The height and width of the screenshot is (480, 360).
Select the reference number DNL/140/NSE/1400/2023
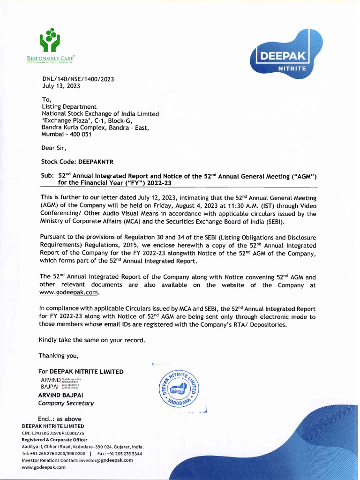pos(78,79)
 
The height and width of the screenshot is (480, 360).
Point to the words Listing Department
pos(69,107)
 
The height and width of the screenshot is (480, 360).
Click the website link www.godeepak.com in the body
pos(69,292)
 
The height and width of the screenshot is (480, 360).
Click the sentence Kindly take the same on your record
pos(92,339)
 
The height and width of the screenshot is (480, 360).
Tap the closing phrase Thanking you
pos(59,354)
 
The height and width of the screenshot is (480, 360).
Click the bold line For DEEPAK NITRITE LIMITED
pos(81,372)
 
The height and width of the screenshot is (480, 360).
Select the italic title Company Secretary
pos(66,403)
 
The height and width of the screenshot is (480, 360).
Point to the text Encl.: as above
pos(60,419)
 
